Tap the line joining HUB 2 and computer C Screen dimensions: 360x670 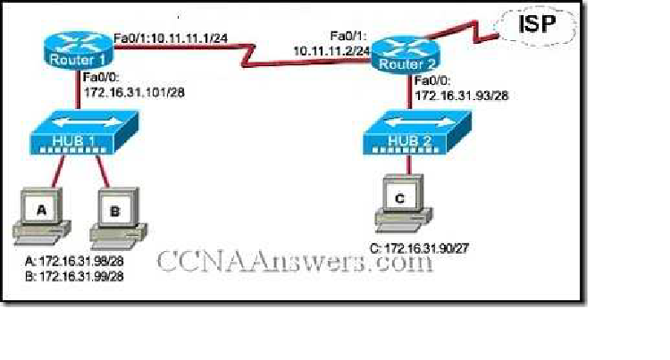pyautogui.click(x=407, y=166)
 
